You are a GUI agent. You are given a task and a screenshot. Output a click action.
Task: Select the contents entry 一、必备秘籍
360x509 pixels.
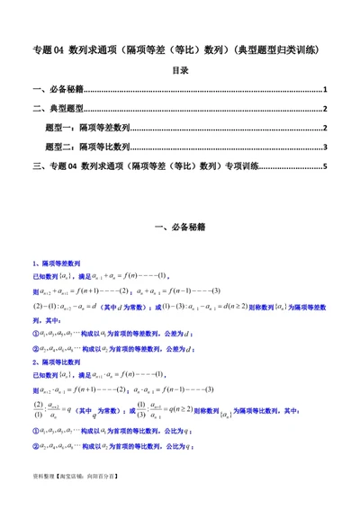coord(58,91)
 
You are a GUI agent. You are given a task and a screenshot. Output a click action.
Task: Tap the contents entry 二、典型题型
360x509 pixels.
coord(58,110)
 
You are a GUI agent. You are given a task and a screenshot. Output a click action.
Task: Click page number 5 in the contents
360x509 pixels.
coord(326,165)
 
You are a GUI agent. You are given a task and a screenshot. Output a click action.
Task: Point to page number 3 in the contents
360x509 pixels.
coord(326,147)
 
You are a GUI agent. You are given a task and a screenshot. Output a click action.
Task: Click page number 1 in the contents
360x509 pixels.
coord(326,91)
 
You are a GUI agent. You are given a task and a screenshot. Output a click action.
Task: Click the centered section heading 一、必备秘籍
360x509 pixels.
coord(180,228)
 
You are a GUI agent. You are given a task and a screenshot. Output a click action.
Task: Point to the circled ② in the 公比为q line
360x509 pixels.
coord(35,443)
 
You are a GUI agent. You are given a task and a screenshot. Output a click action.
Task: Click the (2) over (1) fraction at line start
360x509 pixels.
coord(38,411)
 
